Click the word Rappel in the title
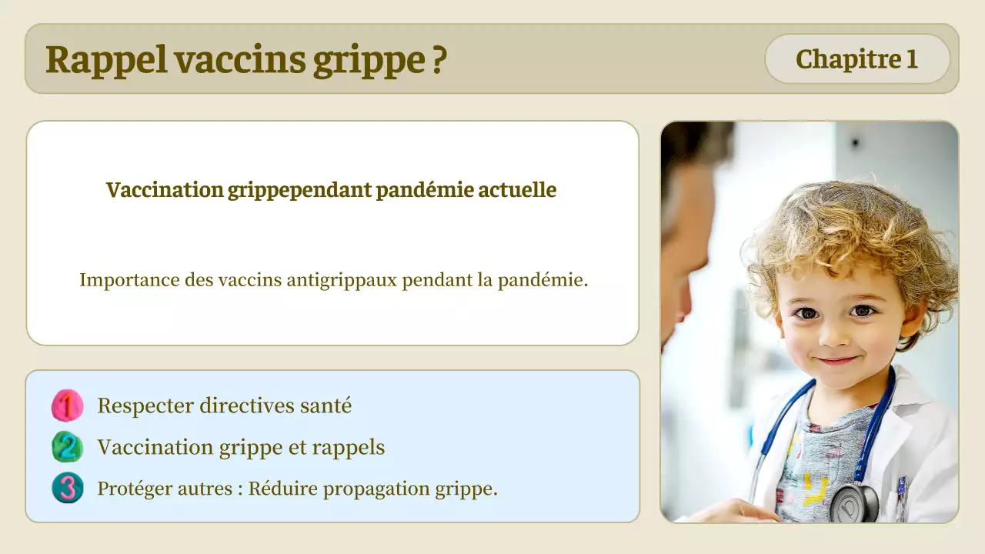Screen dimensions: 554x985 (x=105, y=59)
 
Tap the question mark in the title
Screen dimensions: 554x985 (x=438, y=59)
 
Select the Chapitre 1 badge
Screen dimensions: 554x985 (x=856, y=59)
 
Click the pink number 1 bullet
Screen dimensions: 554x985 (x=68, y=405)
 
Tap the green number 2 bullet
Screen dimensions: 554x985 (x=68, y=447)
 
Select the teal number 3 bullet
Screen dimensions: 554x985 (x=68, y=489)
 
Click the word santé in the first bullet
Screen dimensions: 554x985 (x=326, y=405)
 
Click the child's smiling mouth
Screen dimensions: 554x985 (x=836, y=360)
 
